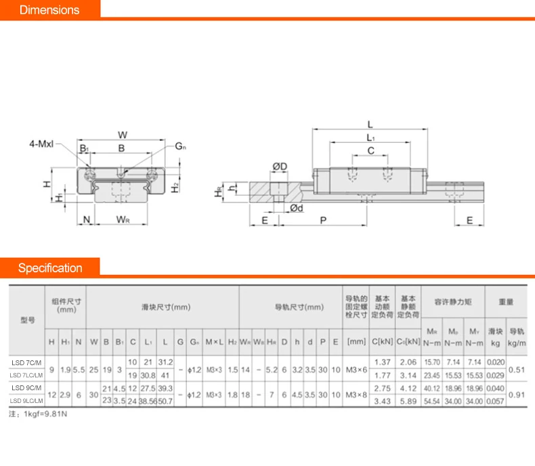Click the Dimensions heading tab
tap(49, 10)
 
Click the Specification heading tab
tap(49, 268)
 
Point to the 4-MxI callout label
tap(41, 144)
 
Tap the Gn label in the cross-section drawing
tap(180, 146)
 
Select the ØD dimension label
tap(280, 167)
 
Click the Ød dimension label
tap(296, 208)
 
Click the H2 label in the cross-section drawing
tap(175, 187)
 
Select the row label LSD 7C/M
tap(27, 362)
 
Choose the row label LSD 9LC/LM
tap(27, 401)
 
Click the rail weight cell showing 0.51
tap(517, 369)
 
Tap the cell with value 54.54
tap(431, 401)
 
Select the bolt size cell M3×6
tap(356, 369)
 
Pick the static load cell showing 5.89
tap(408, 401)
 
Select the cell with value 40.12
tap(431, 388)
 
